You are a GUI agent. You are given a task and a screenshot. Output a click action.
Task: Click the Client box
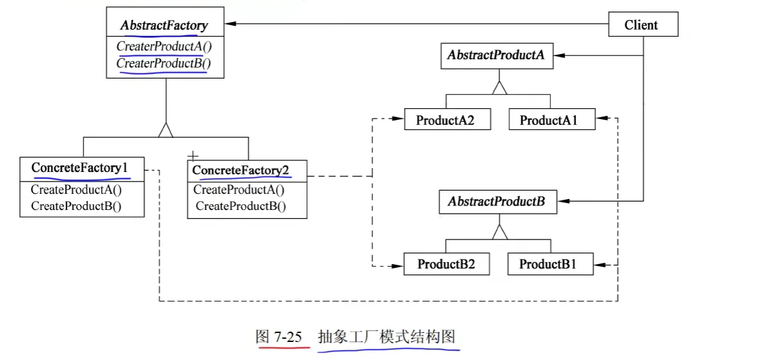click(x=643, y=24)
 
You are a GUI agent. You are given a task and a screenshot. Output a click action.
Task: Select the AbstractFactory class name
click(x=164, y=25)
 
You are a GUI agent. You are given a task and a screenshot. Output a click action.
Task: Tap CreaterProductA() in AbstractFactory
click(x=164, y=46)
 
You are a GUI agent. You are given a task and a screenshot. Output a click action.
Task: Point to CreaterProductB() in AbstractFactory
click(x=164, y=63)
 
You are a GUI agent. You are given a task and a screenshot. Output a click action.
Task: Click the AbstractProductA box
click(x=497, y=56)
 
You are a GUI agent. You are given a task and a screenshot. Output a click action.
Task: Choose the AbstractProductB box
click(x=498, y=202)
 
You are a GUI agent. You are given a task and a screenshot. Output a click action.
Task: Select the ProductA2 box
click(x=448, y=119)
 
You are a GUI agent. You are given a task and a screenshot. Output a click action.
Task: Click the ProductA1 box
click(x=552, y=119)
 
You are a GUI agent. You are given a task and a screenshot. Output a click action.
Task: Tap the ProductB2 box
click(x=446, y=264)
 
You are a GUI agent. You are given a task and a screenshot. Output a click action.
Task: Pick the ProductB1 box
click(x=550, y=264)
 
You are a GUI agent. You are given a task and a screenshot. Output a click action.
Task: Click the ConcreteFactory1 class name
click(x=79, y=168)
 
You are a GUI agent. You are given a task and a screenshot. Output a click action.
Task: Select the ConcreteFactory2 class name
click(x=240, y=170)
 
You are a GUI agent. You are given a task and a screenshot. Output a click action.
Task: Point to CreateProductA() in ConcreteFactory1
click(x=76, y=190)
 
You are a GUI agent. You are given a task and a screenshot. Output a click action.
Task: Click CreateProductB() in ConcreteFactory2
click(x=241, y=206)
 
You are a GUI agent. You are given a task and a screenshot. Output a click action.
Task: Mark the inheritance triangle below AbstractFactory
click(x=166, y=130)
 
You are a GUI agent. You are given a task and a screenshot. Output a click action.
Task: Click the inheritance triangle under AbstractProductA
click(x=499, y=88)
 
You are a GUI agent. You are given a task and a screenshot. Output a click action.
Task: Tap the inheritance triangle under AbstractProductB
click(x=500, y=232)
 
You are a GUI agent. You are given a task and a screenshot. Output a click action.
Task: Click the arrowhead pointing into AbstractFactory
click(x=230, y=24)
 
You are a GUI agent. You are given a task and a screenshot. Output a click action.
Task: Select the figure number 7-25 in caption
click(x=288, y=337)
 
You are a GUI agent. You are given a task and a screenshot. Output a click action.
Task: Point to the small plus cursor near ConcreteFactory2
click(x=193, y=156)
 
